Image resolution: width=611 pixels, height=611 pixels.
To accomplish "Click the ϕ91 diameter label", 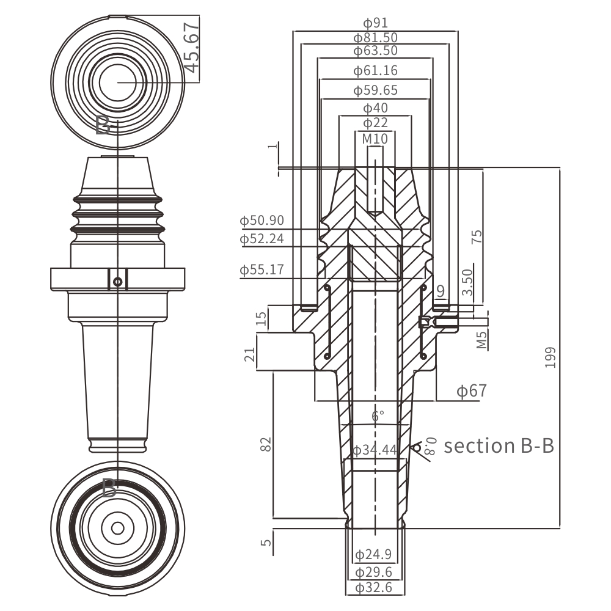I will (x=375, y=23).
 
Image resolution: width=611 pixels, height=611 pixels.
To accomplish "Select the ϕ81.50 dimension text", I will (x=375, y=38).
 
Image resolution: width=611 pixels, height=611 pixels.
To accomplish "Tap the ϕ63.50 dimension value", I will (x=375, y=51).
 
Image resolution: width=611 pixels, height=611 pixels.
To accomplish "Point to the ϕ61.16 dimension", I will (x=375, y=71).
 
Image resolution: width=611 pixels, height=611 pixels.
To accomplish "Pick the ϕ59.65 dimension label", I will (x=375, y=90).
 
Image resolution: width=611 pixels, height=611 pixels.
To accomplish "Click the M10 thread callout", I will (x=375, y=139).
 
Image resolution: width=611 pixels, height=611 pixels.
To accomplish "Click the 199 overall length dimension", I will (x=551, y=357).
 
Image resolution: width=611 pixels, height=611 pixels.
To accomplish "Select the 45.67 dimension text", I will (x=191, y=48).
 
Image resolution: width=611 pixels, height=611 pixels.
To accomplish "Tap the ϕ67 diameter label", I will (x=472, y=390).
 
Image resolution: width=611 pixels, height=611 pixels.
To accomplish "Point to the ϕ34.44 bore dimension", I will (x=375, y=451).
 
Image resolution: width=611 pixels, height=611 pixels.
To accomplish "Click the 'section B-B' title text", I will (x=499, y=445).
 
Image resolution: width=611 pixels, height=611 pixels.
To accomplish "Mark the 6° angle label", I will (x=378, y=416).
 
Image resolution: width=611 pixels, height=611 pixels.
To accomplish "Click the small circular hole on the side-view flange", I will (x=118, y=282).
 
